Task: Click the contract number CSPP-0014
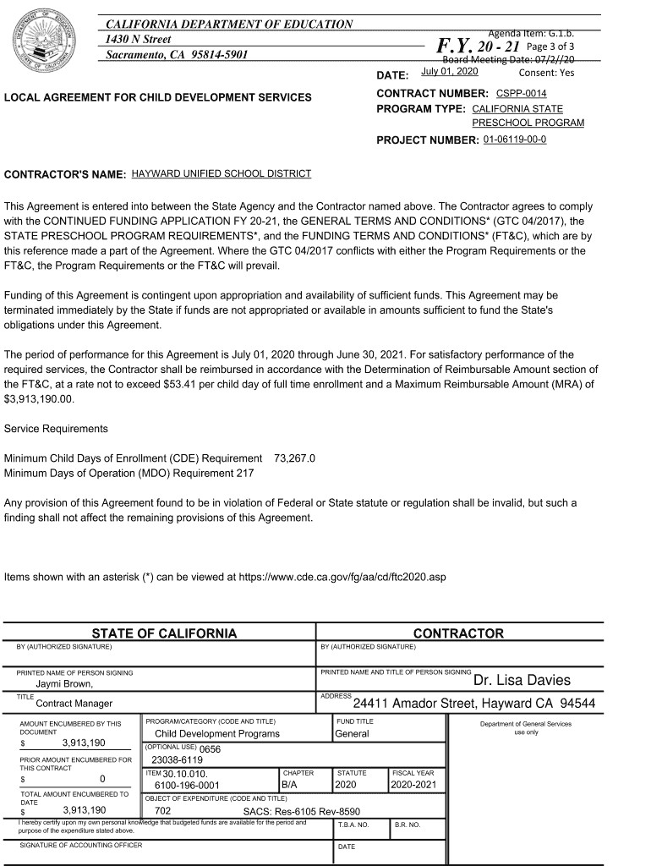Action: coord(521,93)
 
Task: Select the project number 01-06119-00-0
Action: coord(514,139)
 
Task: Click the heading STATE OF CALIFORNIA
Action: coord(164,633)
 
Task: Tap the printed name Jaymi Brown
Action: coord(64,684)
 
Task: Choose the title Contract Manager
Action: coord(74,704)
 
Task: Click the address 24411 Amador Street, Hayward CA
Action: coord(473,704)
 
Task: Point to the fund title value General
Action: coord(352,734)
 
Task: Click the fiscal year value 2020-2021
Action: coord(413,785)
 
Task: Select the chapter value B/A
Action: coord(289,785)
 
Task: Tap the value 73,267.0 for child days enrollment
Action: coord(294,458)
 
